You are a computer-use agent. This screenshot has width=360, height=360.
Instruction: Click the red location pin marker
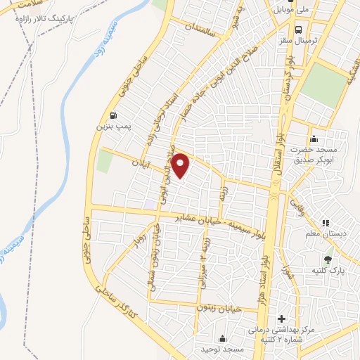click(181, 165)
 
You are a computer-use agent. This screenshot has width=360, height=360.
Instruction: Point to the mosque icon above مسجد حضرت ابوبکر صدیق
click(314, 138)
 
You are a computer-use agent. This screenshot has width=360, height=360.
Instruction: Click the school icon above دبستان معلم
click(325, 224)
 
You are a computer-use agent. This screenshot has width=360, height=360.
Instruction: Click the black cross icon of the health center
click(283, 319)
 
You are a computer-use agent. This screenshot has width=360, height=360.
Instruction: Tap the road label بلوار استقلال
click(278, 136)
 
